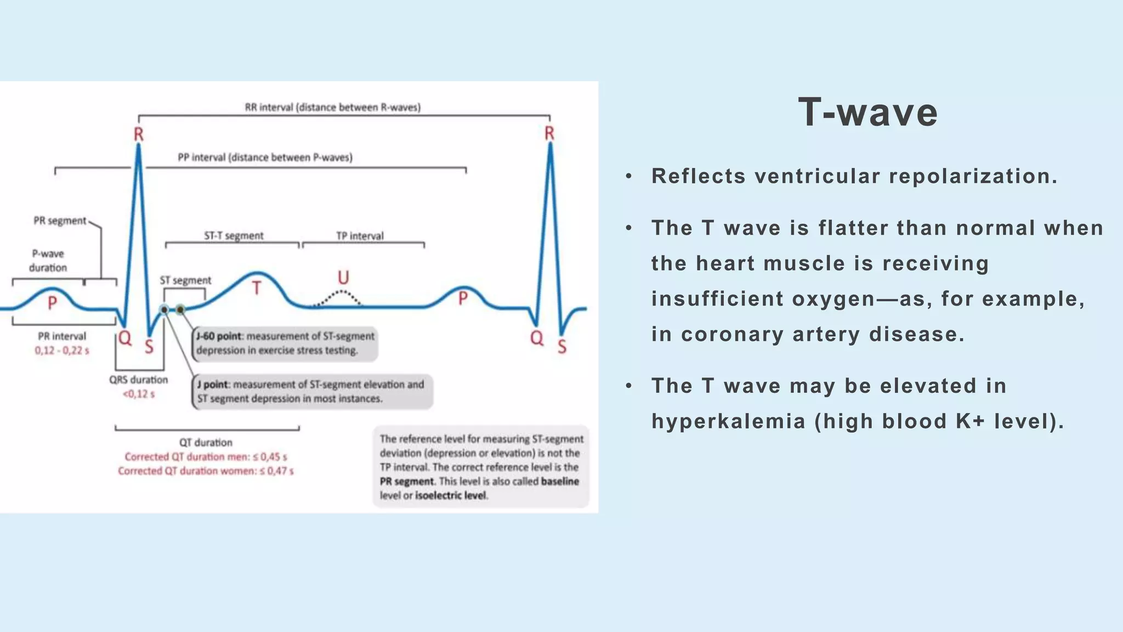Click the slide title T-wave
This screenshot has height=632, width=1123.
point(867,112)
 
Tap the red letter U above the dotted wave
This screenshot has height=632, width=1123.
point(343,278)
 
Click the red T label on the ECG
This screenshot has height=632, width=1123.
point(256,288)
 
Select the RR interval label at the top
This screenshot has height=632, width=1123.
point(332,108)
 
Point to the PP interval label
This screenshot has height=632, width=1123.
point(265,157)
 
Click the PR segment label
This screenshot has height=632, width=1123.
point(60,221)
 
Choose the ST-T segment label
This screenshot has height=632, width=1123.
point(234,236)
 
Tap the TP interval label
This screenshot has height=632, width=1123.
point(360,236)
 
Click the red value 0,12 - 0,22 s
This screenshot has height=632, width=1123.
point(62,351)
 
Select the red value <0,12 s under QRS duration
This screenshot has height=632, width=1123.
point(139,394)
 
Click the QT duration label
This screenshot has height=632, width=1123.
point(206,442)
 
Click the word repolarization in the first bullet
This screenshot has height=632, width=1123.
point(973,176)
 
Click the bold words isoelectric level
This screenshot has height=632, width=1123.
point(450,495)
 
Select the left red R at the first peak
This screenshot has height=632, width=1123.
point(139,134)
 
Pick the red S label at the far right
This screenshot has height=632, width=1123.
point(562,347)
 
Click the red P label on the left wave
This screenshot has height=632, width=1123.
point(52,303)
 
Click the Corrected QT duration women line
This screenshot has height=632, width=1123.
point(206,471)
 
